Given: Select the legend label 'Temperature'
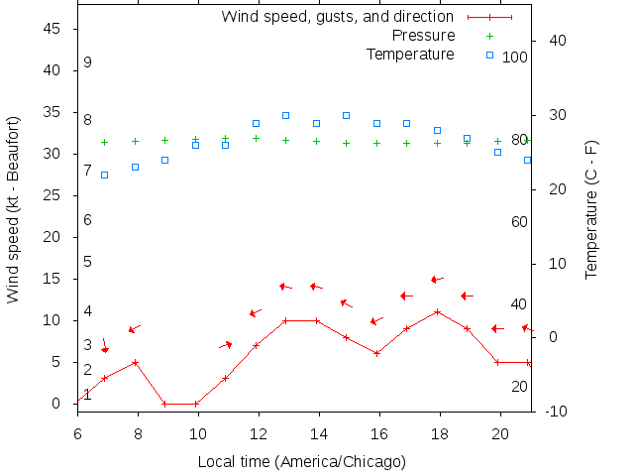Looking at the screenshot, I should pos(410,54).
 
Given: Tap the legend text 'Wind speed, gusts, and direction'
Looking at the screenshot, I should pos(337,17).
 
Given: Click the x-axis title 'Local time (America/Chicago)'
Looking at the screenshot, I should pos(302,461).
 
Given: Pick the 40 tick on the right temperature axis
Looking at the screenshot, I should pos(557,41).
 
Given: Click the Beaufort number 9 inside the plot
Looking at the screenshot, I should pos(87,62).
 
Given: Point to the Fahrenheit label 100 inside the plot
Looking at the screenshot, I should pos(515,58).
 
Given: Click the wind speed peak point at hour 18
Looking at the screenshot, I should pos(437,311).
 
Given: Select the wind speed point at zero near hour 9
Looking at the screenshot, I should pos(165,404).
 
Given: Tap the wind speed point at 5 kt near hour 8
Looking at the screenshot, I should pos(135,362).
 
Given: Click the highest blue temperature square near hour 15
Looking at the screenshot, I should pos(347,115).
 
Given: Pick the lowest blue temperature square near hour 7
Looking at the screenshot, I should pos(104,175).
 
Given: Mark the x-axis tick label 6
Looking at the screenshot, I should pos(77,432).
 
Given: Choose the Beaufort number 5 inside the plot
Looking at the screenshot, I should pos(87,262).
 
